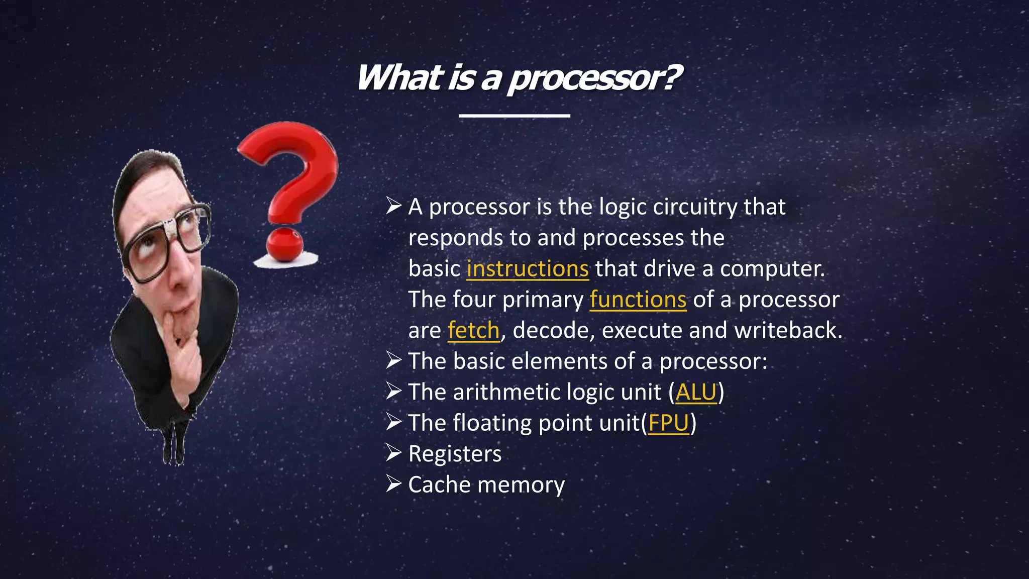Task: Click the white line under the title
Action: [x=514, y=116]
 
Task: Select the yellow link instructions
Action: [x=527, y=268]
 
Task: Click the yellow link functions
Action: [x=638, y=300]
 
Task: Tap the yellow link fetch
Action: [x=473, y=331]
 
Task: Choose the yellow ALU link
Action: [x=696, y=392]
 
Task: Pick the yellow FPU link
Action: [x=668, y=423]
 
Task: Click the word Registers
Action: [x=455, y=454]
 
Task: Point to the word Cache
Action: [x=439, y=485]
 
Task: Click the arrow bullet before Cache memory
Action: [x=393, y=484]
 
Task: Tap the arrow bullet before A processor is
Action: [x=393, y=206]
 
